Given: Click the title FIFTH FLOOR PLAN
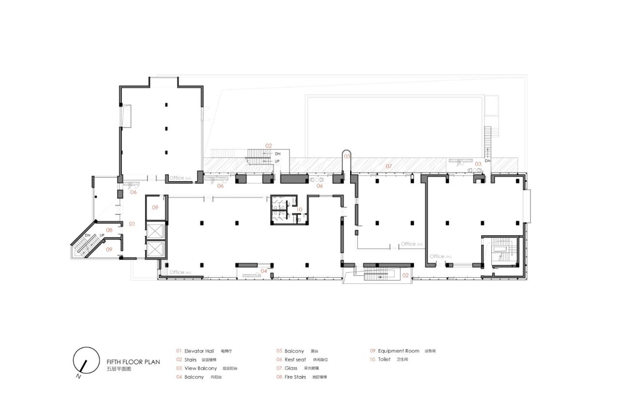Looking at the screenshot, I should [133, 361].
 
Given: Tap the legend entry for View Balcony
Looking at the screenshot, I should [197, 368].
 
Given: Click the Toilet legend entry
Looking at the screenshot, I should [383, 360].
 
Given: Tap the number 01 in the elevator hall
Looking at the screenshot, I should [132, 224].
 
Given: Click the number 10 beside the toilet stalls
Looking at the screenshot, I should [300, 210].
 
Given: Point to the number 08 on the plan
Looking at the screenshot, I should [109, 230].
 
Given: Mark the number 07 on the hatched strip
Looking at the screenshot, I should [388, 166].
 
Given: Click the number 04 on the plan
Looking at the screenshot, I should [264, 271].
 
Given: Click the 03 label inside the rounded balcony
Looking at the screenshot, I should [347, 157].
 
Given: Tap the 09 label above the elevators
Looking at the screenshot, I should [155, 208].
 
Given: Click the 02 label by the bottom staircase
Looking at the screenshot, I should [405, 275].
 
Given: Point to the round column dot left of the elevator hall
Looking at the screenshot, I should [97, 197].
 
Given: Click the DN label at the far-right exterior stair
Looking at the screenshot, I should [487, 160].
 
